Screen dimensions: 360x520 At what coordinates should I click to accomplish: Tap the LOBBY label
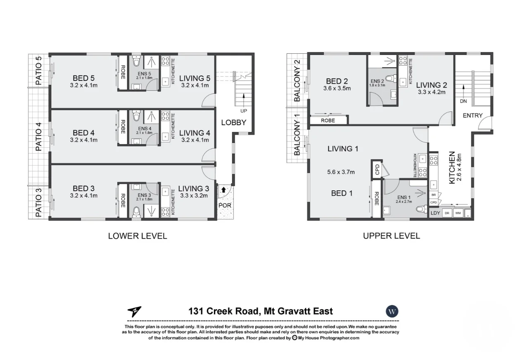click(233, 122)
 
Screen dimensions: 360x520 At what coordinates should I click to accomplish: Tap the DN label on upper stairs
click(463, 101)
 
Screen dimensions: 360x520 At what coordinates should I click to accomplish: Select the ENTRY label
click(473, 115)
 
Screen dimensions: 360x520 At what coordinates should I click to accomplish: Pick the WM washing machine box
click(458, 213)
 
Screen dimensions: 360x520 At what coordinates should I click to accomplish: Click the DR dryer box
click(447, 213)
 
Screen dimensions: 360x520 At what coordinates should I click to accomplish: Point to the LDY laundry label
click(435, 213)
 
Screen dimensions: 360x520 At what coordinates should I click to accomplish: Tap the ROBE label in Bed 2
click(328, 121)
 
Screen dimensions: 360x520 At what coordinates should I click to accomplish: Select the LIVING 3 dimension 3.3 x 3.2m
click(194, 196)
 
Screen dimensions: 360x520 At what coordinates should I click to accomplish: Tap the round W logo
click(392, 311)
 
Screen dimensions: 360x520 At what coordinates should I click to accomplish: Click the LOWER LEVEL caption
click(138, 236)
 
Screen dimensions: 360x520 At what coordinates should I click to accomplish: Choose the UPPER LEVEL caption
click(391, 236)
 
